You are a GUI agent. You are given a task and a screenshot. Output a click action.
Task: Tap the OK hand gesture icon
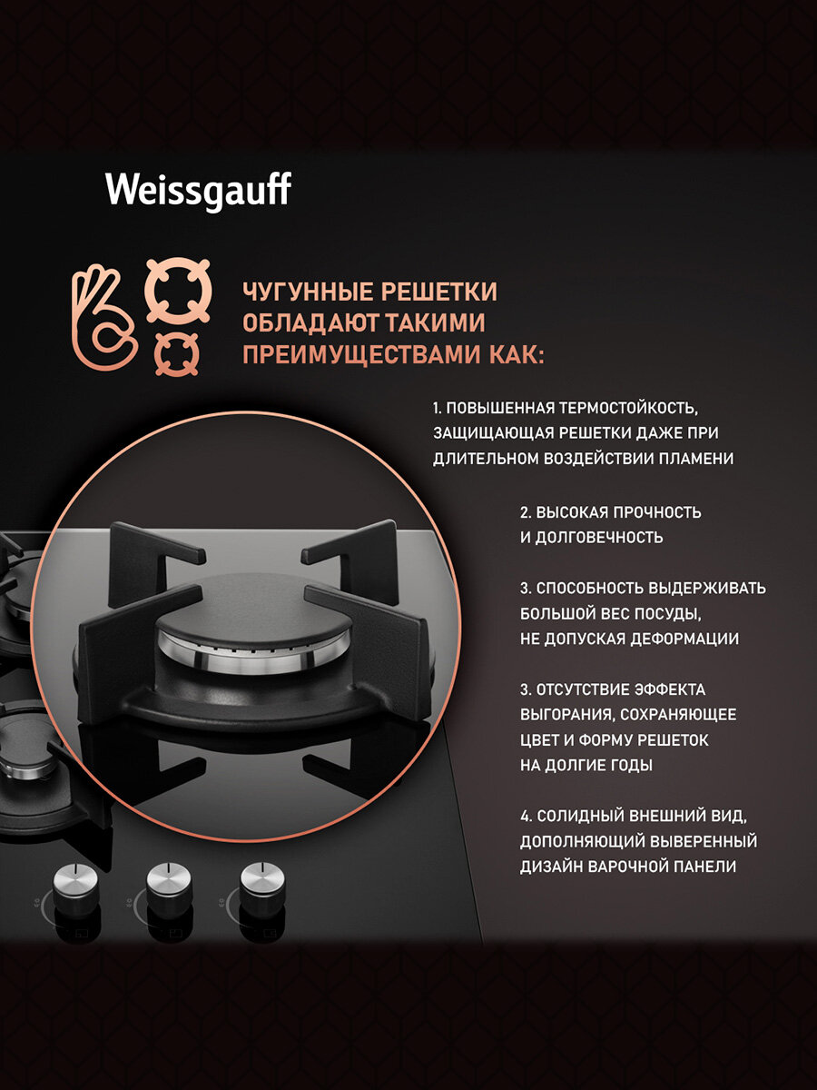coord(103,318)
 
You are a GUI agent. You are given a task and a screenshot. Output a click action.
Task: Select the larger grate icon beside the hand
coord(178,292)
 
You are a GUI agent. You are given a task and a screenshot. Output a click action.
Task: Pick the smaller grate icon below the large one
coord(177,354)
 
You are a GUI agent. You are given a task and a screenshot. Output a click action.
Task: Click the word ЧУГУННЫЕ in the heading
coord(308,292)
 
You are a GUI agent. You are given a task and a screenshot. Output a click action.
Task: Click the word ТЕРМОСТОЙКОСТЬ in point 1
coord(628,408)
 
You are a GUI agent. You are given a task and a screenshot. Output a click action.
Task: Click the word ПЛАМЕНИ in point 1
coord(696,459)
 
